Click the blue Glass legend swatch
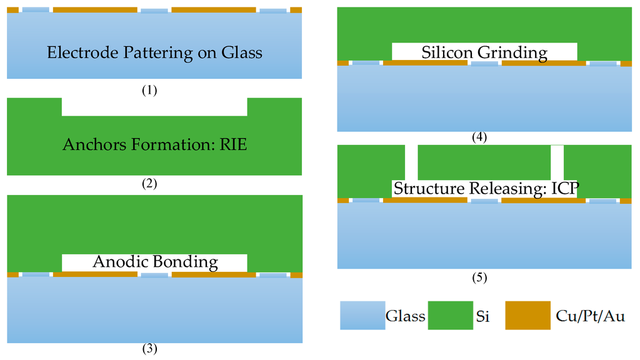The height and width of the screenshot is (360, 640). click(362, 316)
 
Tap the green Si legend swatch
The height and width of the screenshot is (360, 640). click(450, 316)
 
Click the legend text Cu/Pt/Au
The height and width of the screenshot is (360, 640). click(590, 316)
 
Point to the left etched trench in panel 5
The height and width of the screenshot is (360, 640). click(411, 162)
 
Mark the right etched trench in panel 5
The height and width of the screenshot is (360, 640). click(557, 162)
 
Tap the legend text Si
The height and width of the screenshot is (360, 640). click(482, 316)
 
